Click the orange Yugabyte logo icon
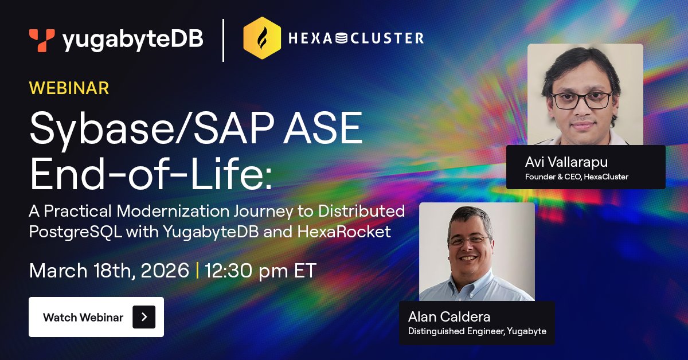coord(42,40)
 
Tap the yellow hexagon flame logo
coord(262,38)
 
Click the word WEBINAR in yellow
coord(69,88)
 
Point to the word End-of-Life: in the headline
coord(151,174)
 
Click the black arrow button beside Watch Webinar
coord(144,317)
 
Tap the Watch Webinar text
coord(83,318)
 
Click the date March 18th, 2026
coord(109,271)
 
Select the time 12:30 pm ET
coord(260,271)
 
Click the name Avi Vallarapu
coord(566,162)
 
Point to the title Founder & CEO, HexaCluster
coord(577,177)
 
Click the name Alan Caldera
coord(449,317)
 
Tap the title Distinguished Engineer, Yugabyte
coord(477,331)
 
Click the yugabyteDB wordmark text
coord(132,40)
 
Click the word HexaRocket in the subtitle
coord(344,232)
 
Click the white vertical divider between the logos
coord(223,40)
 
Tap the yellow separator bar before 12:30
coord(197,271)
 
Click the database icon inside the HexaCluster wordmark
coord(341,38)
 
